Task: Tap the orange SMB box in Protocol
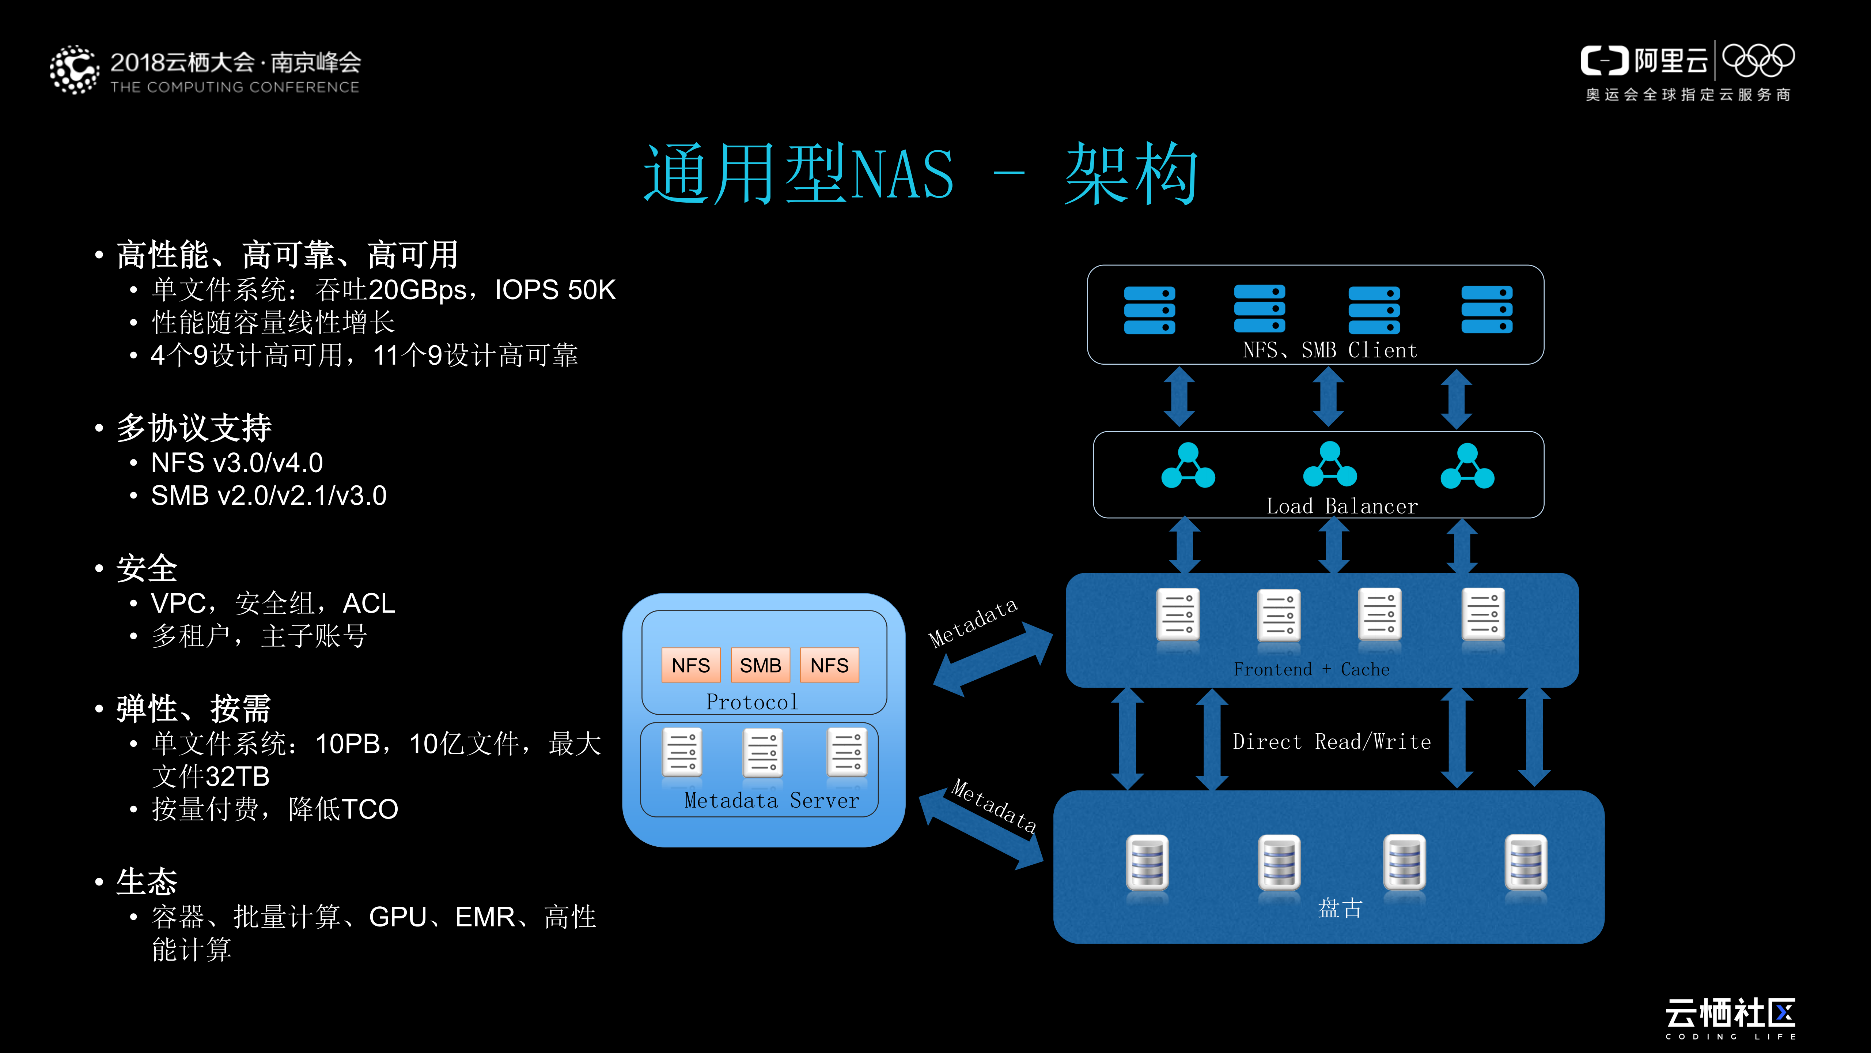point(760,665)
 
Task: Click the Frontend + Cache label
point(1311,669)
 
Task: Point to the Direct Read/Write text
point(1332,742)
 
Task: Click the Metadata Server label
point(771,801)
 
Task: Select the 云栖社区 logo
point(1730,1014)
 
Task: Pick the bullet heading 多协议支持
point(194,428)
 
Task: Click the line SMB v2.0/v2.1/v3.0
point(269,496)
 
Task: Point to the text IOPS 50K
point(555,290)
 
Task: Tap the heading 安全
point(147,568)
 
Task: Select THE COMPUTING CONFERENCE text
point(235,87)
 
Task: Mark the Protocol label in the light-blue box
point(752,702)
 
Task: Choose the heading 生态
point(147,881)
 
